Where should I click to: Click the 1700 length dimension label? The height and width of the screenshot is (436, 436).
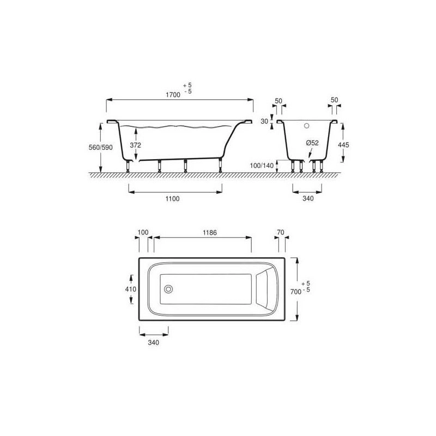point(173,95)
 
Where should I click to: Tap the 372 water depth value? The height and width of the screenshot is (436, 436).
point(135,145)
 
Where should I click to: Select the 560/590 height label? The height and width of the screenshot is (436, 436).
point(101,147)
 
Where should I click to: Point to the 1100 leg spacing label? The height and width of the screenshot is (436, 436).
point(172,199)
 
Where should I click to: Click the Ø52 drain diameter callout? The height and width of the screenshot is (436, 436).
point(312,143)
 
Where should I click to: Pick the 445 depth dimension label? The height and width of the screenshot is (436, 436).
point(343,145)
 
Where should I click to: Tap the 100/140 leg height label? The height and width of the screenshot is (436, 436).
point(262,166)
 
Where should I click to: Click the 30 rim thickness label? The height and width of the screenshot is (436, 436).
point(264,122)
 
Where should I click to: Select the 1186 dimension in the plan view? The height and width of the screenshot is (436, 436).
point(210,233)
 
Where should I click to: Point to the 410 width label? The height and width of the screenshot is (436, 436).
point(131,289)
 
